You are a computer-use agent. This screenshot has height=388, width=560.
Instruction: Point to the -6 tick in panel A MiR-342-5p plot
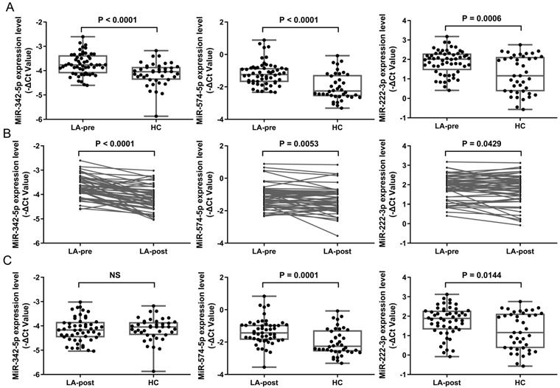click(35, 119)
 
